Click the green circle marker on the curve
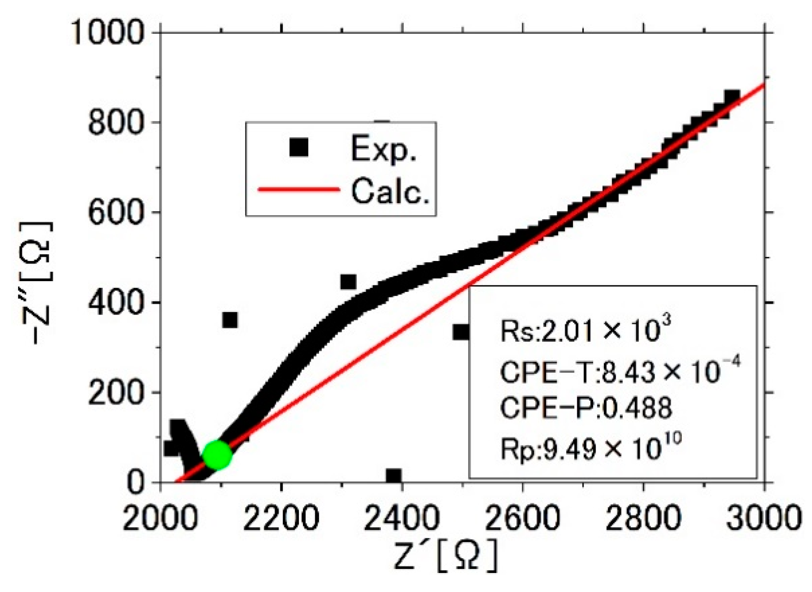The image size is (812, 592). pos(217,455)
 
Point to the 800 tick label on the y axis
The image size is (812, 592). pos(116,122)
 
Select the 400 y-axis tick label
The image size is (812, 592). pos(116,303)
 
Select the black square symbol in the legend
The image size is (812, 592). pos(299,148)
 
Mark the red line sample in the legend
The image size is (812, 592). pos(298,190)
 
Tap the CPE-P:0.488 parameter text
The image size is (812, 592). pos(585,408)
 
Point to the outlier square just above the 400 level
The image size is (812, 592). pos(348,282)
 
